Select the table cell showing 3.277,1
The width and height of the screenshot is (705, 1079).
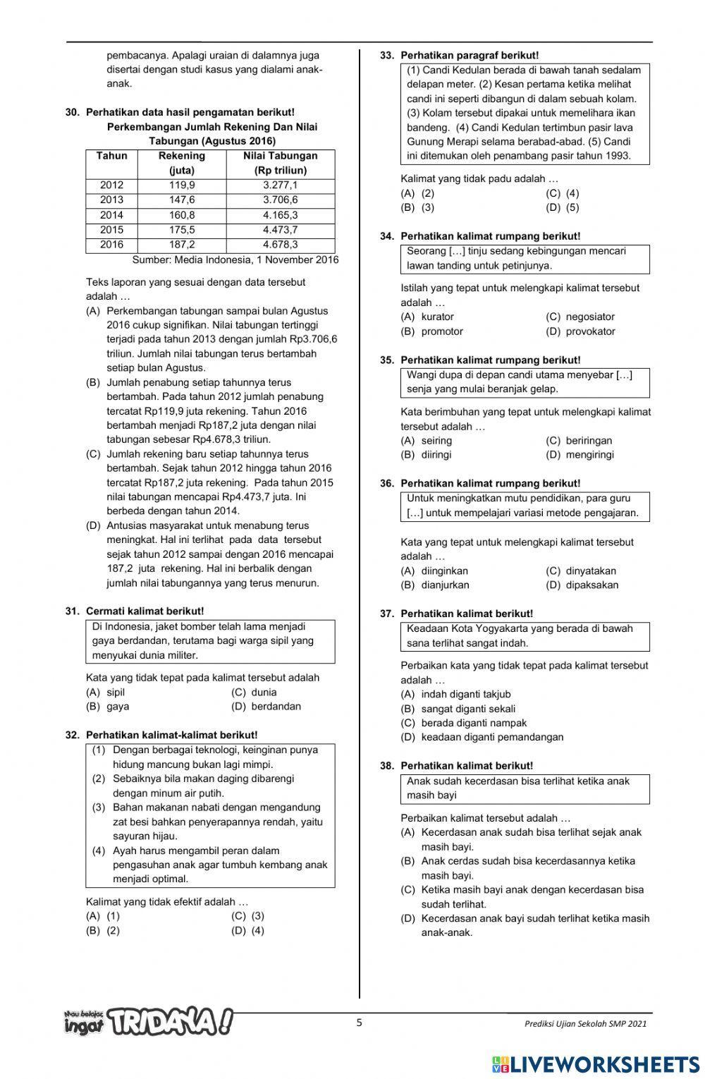point(280,185)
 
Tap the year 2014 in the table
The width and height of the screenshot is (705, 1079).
point(111,215)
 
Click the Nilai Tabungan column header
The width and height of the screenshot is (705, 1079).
point(280,163)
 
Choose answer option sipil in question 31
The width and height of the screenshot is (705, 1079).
point(115,692)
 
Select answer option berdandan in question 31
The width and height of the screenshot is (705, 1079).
point(276,706)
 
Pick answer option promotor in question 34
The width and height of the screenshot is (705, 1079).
point(442,331)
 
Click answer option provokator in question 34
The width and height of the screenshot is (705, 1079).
point(590,331)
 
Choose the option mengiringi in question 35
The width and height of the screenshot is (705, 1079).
point(589,455)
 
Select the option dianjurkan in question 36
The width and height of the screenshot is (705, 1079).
point(445,585)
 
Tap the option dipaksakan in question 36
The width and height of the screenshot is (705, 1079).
point(591,585)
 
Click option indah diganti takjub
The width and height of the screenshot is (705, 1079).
point(465,694)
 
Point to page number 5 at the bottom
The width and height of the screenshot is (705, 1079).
point(359,1023)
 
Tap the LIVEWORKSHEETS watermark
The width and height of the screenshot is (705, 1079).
point(596,1063)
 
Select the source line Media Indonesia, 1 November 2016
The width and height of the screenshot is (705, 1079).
point(235,260)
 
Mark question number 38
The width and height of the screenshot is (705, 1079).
point(386,766)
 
